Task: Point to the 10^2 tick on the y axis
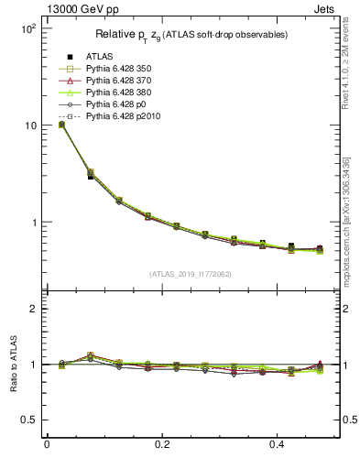pyautogui.click(x=27, y=28)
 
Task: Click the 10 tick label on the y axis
pyautogui.click(x=30, y=125)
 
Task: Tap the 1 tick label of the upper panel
pyautogui.click(x=33, y=223)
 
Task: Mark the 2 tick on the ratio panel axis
pyautogui.click(x=33, y=309)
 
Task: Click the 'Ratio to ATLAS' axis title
pyautogui.click(x=12, y=365)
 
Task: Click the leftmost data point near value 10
pyautogui.click(x=61, y=124)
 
